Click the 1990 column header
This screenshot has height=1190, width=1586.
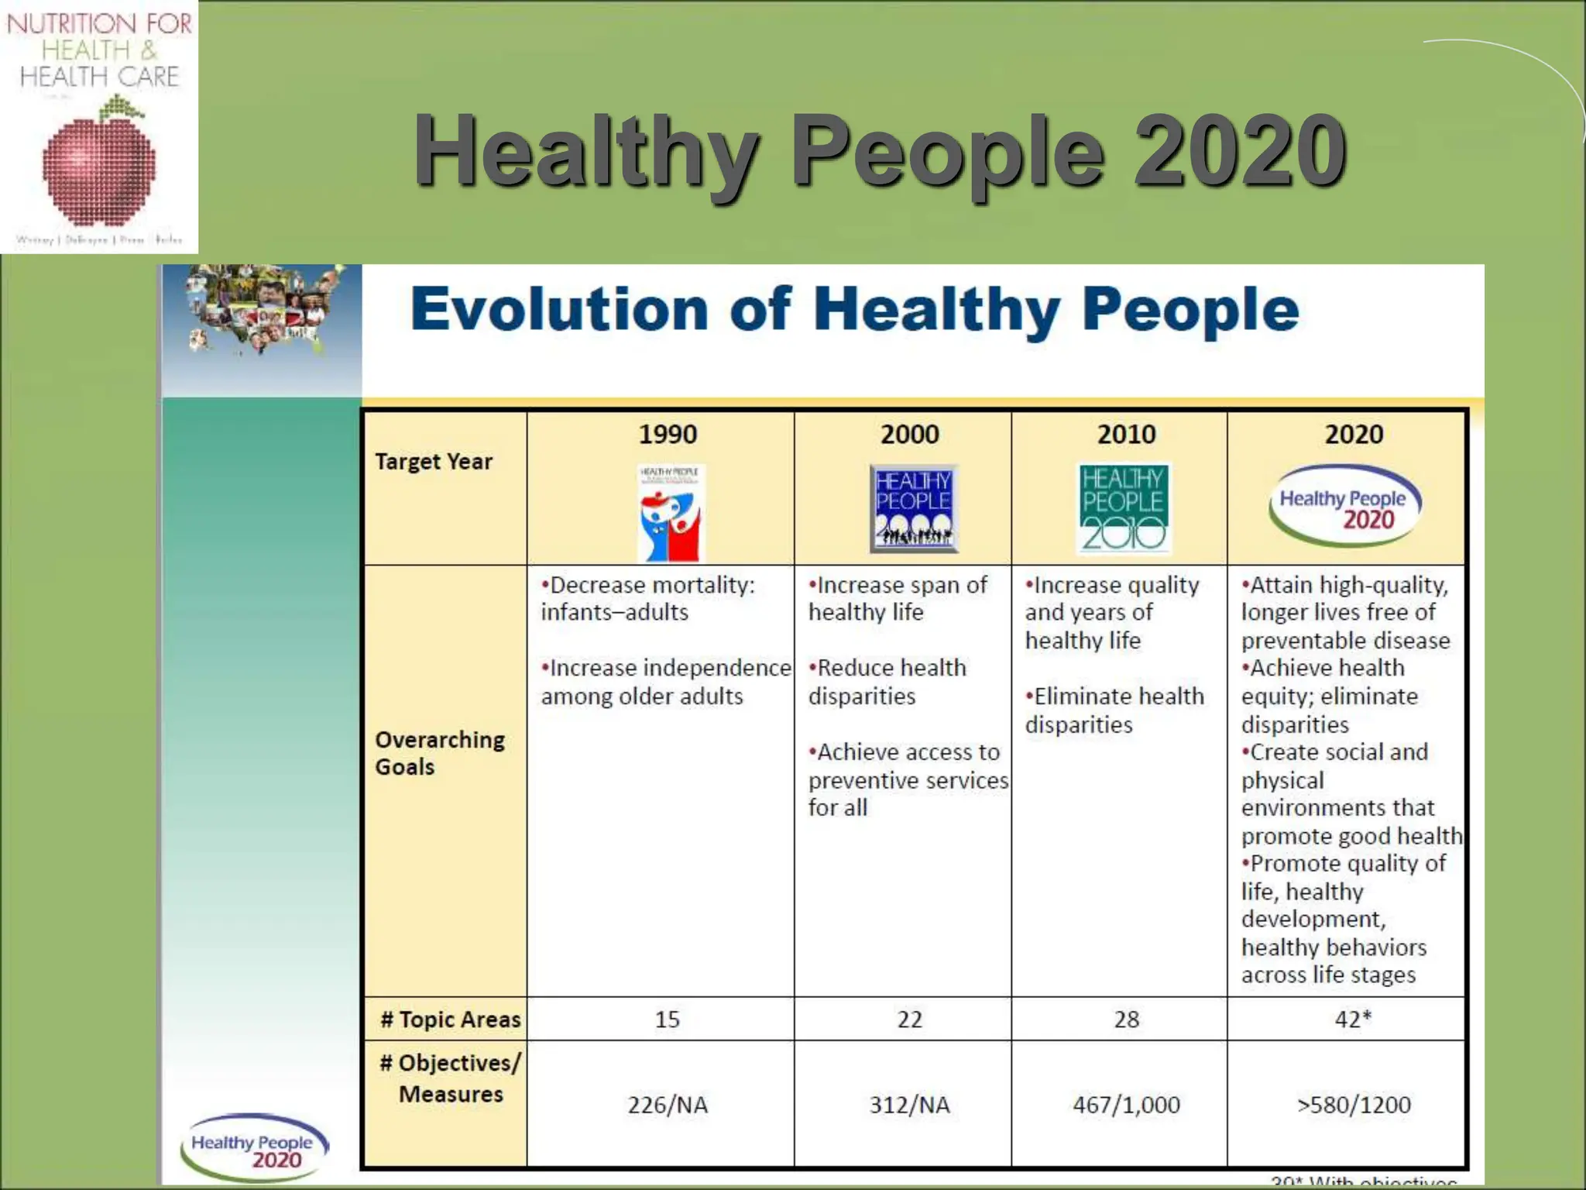click(667, 434)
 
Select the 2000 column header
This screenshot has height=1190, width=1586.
click(909, 434)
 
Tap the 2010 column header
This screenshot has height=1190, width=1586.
click(1126, 434)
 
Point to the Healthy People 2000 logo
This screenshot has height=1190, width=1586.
click(914, 508)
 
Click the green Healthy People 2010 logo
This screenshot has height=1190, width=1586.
click(1124, 507)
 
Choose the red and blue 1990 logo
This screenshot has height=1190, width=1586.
click(670, 513)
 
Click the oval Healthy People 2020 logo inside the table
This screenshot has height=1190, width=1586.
click(1344, 506)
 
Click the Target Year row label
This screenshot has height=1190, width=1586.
click(434, 462)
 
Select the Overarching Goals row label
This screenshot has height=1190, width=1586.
click(439, 753)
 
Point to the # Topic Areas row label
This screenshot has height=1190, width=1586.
click(450, 1020)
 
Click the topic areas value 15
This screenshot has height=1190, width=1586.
click(667, 1020)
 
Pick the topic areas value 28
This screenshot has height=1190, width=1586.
click(1126, 1020)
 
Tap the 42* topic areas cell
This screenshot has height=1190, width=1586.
click(1352, 1020)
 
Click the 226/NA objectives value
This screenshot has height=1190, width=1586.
click(668, 1105)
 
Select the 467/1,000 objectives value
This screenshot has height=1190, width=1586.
click(1126, 1105)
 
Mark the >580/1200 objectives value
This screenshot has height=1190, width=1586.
click(1354, 1105)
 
